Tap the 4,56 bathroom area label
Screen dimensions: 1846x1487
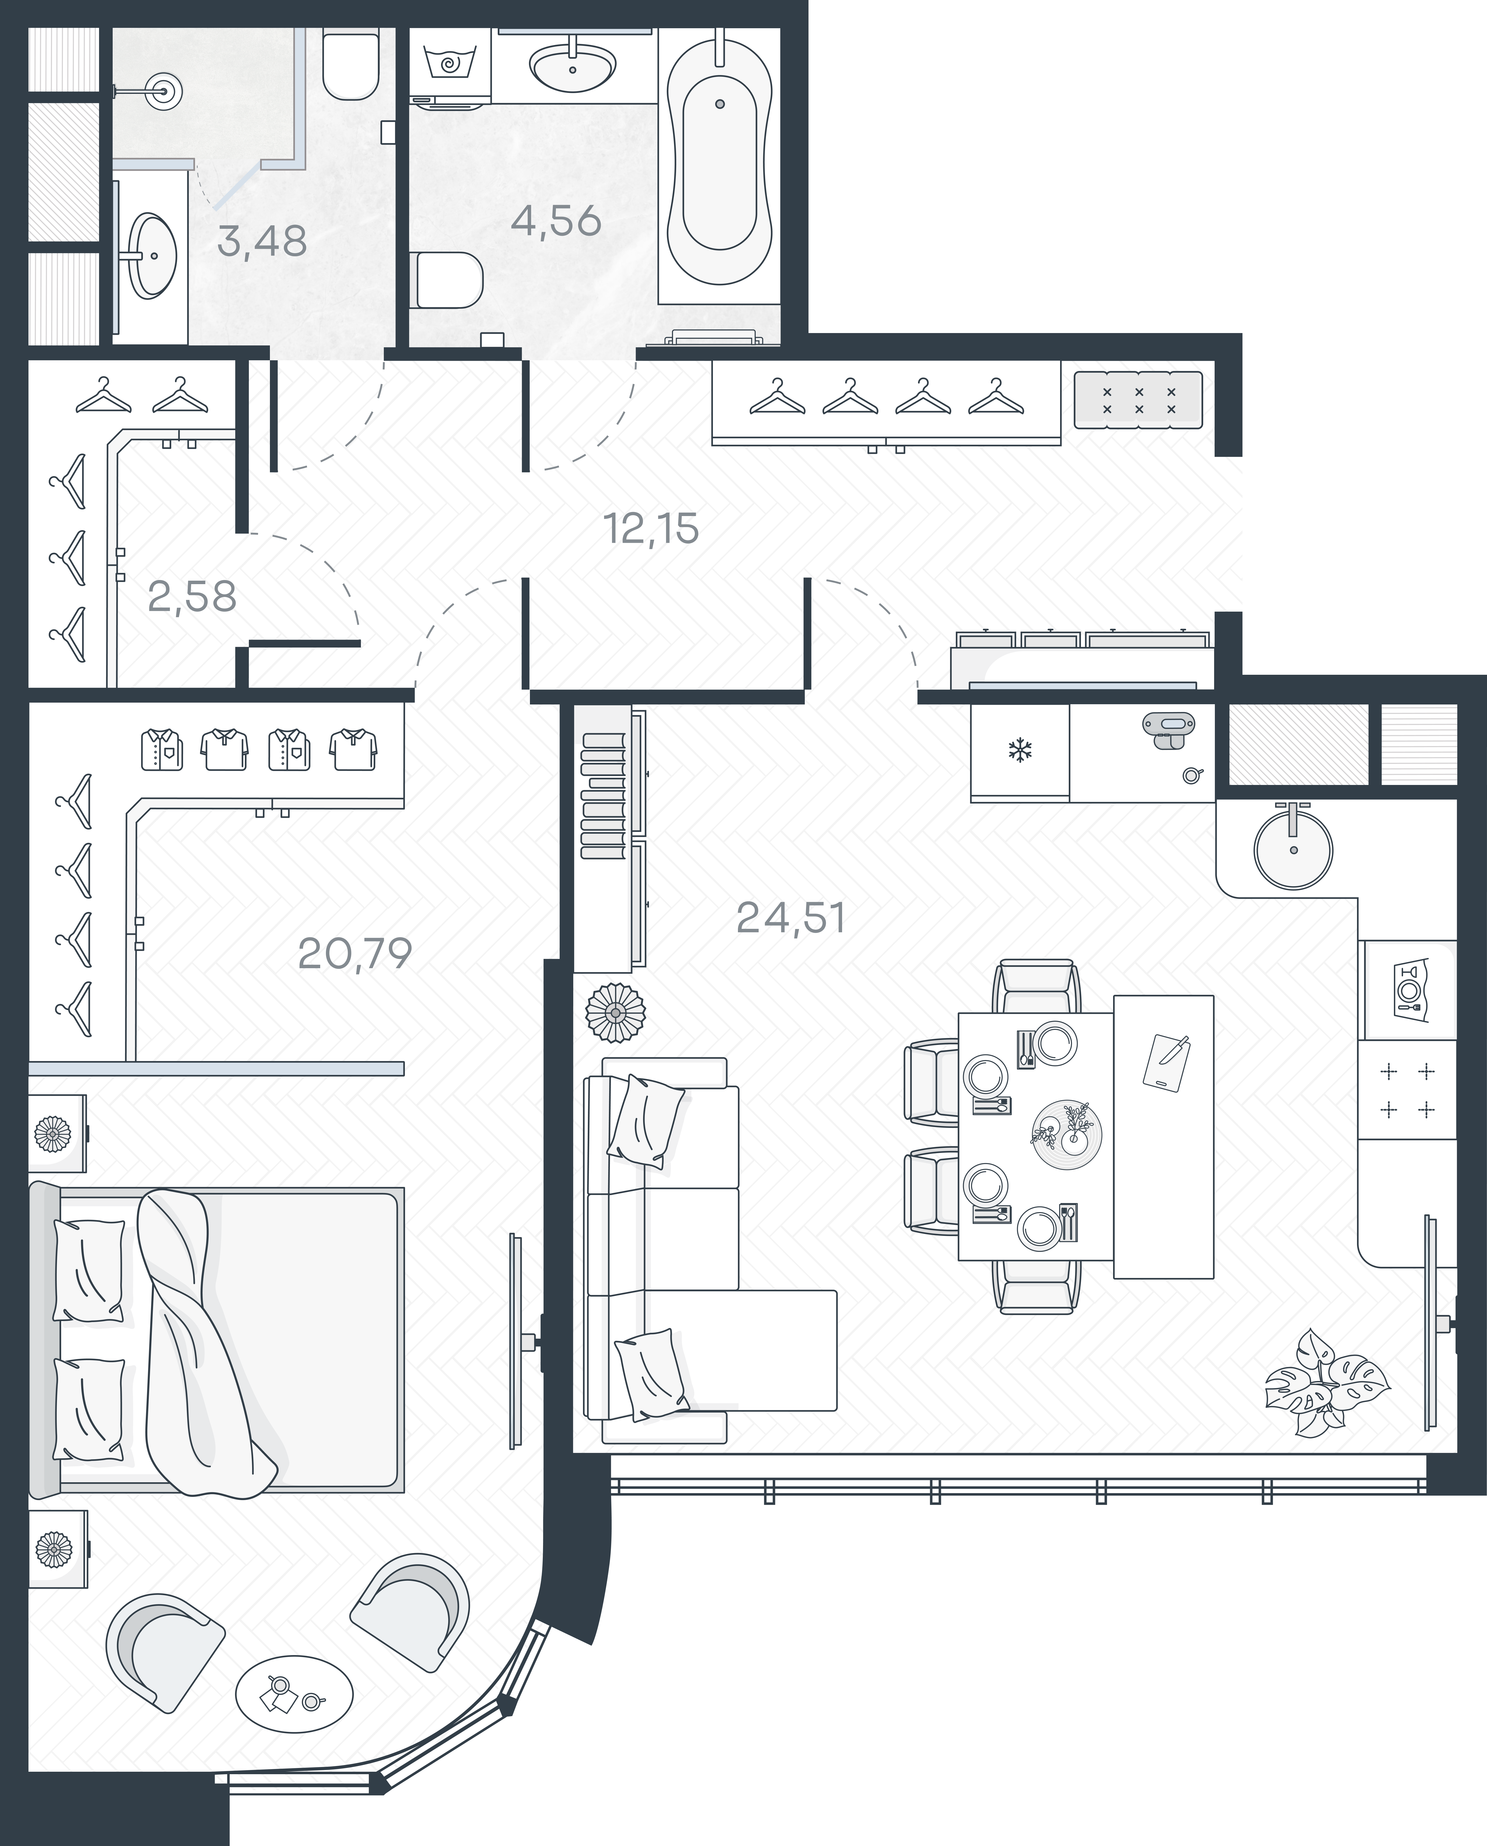[556, 221]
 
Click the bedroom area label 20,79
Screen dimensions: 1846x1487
[355, 953]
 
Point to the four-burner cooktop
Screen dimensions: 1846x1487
[1407, 1090]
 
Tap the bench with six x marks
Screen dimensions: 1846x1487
[1138, 400]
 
